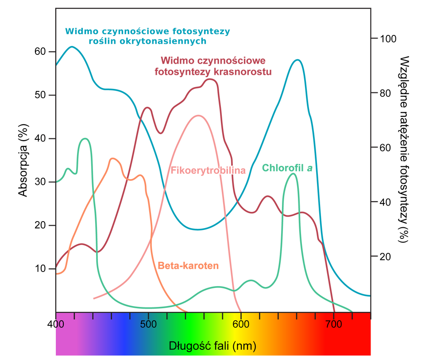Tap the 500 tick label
[x=148, y=325]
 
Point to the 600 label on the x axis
[x=241, y=325]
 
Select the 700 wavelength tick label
[x=333, y=325]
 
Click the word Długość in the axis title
[x=187, y=346]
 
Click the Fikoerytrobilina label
[x=208, y=171]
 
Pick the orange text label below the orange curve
[x=188, y=266]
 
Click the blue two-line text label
[x=147, y=37]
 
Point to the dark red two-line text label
[x=213, y=66]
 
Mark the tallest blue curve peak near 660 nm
[x=297, y=61]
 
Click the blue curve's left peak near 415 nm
[x=71, y=47]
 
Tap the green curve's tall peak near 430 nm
[x=85, y=139]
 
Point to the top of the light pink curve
[x=198, y=116]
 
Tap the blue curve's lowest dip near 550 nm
[x=198, y=229]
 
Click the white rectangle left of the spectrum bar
[x=35, y=334]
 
